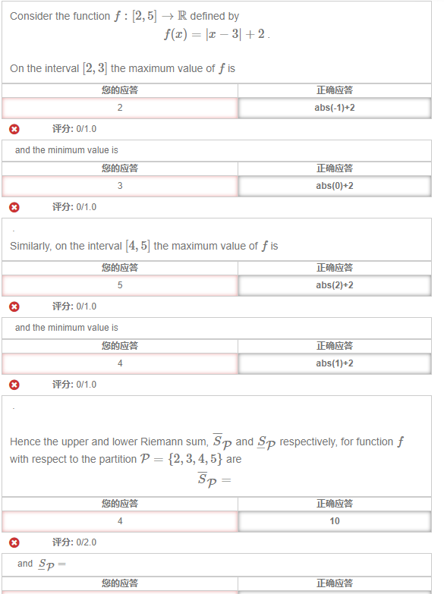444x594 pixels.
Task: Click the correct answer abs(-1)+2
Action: click(x=335, y=108)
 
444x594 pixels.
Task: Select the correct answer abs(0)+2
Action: click(x=335, y=186)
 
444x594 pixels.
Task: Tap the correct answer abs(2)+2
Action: click(x=335, y=285)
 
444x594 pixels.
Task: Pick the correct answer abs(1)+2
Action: click(x=335, y=363)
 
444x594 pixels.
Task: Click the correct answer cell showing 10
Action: click(x=335, y=521)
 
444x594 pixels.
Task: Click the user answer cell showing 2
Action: click(x=120, y=108)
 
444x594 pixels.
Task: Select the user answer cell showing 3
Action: click(x=120, y=186)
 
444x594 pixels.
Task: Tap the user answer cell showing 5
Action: click(x=120, y=285)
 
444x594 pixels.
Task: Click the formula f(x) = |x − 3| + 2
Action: click(x=216, y=35)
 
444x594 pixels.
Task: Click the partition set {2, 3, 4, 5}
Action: click(x=194, y=459)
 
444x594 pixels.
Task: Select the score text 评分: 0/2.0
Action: click(x=74, y=542)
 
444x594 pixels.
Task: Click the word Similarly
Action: click(x=29, y=246)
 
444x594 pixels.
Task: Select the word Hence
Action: click(x=24, y=442)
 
